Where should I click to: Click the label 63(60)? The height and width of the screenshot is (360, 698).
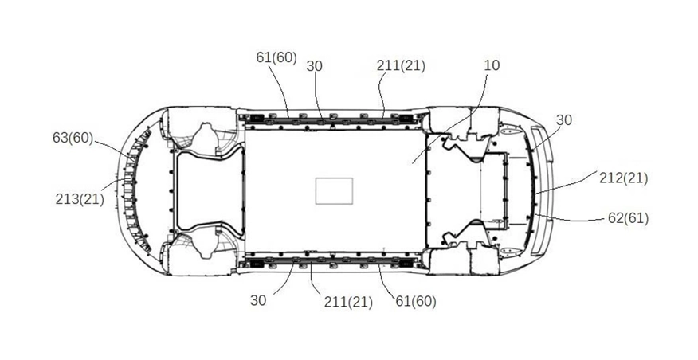pos(73,138)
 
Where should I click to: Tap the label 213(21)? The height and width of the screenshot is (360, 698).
pos(80,199)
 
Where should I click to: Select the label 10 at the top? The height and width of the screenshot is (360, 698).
pos(492,65)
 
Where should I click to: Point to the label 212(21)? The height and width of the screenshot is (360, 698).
pos(623,178)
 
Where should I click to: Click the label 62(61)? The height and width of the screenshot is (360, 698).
pos(628,218)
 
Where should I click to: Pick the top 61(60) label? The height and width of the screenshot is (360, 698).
pos(276,57)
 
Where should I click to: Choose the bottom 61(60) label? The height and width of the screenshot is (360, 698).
pos(416,301)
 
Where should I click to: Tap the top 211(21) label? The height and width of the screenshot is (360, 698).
pos(401,66)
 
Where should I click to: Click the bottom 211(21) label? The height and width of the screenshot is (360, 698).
pos(348,302)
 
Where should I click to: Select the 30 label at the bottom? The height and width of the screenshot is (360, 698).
pos(258,300)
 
